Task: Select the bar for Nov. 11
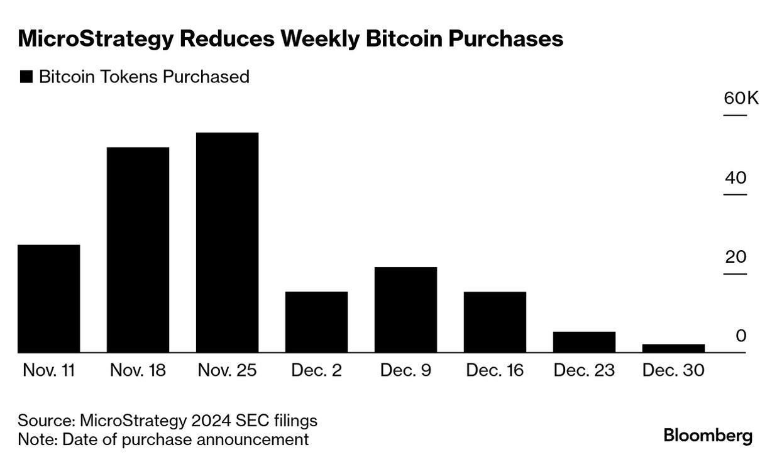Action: tap(49, 299)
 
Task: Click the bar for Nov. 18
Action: tap(138, 250)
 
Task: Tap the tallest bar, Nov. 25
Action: tap(227, 242)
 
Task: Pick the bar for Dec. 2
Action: tap(316, 322)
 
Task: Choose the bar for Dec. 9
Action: tap(405, 309)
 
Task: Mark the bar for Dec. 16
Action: tap(495, 322)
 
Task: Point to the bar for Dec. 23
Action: tap(584, 342)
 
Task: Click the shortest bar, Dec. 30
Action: tap(673, 348)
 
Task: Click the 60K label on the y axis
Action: tap(741, 99)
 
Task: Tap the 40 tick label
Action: tap(735, 178)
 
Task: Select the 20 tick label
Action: tap(735, 257)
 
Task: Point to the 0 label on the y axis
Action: tap(741, 336)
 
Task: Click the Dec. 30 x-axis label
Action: tap(673, 370)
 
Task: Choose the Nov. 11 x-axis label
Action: tap(49, 370)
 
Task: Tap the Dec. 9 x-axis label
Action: tap(405, 370)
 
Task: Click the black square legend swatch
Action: tap(26, 77)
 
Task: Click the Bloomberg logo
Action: tap(708, 436)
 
